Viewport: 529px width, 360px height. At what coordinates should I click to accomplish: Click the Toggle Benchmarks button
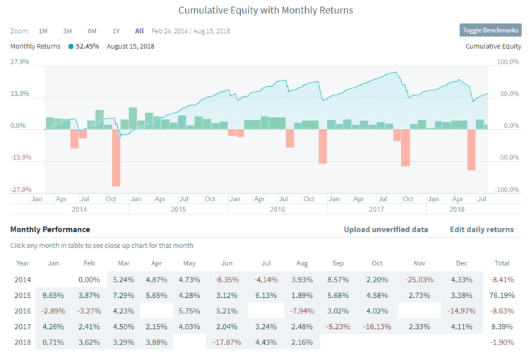tap(490, 30)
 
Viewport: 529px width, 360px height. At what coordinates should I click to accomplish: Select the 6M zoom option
tap(92, 31)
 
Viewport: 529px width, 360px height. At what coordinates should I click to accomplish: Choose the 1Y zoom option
tap(116, 31)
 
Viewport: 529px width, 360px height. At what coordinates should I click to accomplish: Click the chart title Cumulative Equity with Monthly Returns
tap(265, 11)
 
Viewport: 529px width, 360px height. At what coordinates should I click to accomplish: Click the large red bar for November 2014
tap(116, 157)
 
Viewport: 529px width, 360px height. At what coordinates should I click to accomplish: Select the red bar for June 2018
tap(471, 150)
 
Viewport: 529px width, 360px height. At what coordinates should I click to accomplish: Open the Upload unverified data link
tap(386, 229)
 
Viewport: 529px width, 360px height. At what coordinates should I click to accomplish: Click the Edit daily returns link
tap(482, 229)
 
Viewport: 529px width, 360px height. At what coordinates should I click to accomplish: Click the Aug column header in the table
tap(302, 263)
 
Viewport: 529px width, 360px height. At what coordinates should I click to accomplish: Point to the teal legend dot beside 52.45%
tap(71, 47)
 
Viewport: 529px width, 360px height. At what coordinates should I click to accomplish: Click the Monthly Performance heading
tap(50, 229)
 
